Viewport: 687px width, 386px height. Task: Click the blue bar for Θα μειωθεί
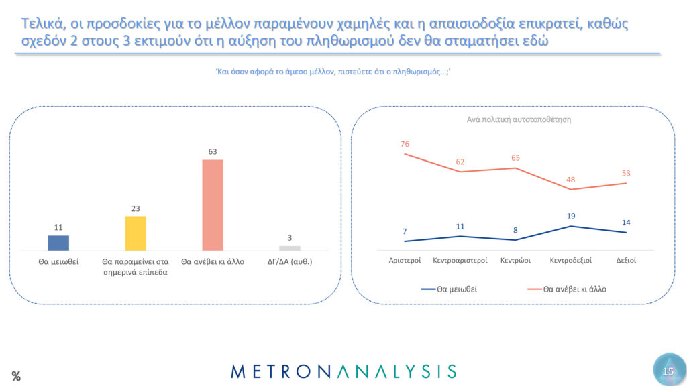coord(58,243)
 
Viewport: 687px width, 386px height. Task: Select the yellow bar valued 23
coord(136,233)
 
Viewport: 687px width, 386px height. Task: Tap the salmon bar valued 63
coord(213,205)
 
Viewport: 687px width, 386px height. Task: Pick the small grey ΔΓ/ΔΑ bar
coord(290,248)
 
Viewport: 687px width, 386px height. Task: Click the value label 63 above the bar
coord(213,152)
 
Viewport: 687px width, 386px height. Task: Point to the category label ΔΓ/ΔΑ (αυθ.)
coord(290,261)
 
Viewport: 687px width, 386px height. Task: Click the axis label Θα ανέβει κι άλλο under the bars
coord(213,261)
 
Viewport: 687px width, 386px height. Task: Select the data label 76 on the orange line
coord(405,143)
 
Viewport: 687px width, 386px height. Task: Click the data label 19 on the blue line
coord(571,216)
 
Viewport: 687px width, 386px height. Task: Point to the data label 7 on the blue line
coord(405,231)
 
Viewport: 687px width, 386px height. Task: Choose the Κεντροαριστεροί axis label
coord(460,260)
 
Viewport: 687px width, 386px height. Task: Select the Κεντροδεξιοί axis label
coord(570,260)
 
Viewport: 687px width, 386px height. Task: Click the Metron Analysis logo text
coord(343,371)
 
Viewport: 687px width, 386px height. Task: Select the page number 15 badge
coord(668,371)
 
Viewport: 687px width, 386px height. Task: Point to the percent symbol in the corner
coord(16,376)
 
